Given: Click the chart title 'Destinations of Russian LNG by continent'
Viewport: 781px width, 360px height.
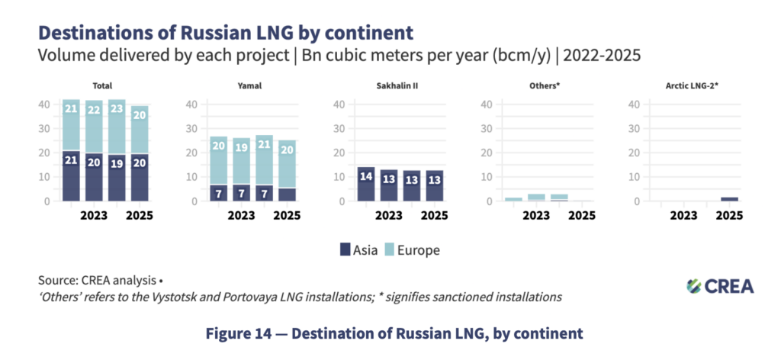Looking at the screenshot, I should [226, 33].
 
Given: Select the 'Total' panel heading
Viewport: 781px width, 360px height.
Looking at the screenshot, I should [102, 85].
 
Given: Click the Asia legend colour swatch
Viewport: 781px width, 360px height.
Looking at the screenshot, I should [345, 249].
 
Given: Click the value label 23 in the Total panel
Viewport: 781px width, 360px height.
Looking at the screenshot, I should [117, 109].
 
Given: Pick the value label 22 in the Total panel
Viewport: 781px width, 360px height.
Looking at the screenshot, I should [94, 111].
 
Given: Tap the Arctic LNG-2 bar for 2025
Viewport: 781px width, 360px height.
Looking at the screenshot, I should [729, 199].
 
